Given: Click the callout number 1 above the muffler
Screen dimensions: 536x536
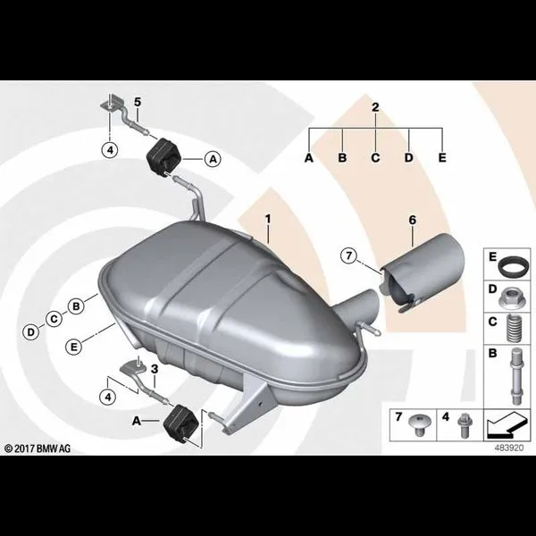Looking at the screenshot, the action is tap(268, 219).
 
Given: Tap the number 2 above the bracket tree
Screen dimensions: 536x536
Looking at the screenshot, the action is tap(375, 107).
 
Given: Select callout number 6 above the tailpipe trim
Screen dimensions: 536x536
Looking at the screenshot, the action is tap(413, 221).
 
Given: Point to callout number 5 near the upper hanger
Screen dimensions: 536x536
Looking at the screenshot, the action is tap(138, 102).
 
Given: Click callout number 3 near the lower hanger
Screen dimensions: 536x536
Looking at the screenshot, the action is tap(155, 369).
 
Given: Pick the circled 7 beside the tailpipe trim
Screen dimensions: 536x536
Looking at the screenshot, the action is tap(348, 255).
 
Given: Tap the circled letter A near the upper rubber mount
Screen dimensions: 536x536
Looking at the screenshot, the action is tap(213, 159).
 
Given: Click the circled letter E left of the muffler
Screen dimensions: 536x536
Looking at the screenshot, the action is tap(74, 347).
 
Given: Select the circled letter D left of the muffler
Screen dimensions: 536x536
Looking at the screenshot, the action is tap(30, 332).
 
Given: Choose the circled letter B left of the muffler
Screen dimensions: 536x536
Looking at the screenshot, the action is tap(76, 306).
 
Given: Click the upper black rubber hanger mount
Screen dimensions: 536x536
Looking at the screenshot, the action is tap(163, 157).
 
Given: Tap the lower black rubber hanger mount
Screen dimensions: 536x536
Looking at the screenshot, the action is tap(180, 423).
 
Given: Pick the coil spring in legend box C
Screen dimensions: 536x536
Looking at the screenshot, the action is tap(514, 328).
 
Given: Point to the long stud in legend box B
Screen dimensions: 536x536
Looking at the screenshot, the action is tap(516, 376).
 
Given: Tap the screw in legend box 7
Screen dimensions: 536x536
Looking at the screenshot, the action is tap(420, 424).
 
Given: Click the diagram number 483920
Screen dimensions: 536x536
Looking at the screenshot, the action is tap(509, 448).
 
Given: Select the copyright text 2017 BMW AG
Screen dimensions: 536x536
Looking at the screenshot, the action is tap(38, 448).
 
